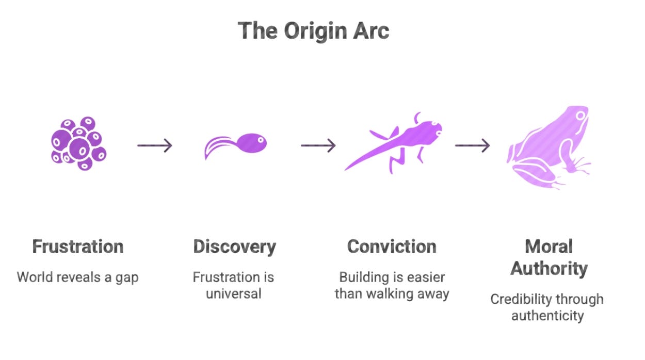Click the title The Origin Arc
(313, 31)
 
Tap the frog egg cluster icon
(78, 144)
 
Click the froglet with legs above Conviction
(395, 142)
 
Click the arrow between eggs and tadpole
(154, 146)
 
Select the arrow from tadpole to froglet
(318, 146)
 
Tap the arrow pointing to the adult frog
(472, 146)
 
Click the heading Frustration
(78, 247)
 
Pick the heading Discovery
(234, 247)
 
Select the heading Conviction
(392, 247)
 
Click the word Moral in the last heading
(549, 247)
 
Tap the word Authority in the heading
(549, 269)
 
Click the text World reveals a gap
(78, 277)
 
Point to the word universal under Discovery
(234, 294)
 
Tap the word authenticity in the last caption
(547, 315)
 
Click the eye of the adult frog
(581, 116)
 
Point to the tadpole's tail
(217, 146)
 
